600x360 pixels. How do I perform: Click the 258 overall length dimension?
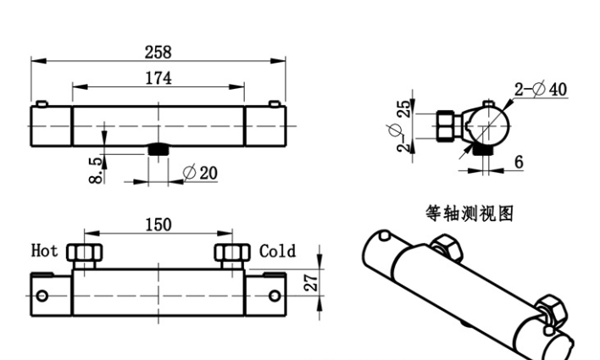[158, 52]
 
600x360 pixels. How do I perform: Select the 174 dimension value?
[158, 78]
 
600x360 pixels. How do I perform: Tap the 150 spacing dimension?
[158, 225]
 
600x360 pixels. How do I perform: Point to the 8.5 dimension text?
[96, 170]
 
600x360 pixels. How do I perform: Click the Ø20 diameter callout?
[200, 173]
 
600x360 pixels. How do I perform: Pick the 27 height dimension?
[311, 280]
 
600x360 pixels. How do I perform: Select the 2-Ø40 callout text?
[540, 89]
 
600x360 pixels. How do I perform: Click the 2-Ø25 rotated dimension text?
[402, 126]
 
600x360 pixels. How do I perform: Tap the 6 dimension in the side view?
[518, 162]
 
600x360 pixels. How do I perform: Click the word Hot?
[44, 251]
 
